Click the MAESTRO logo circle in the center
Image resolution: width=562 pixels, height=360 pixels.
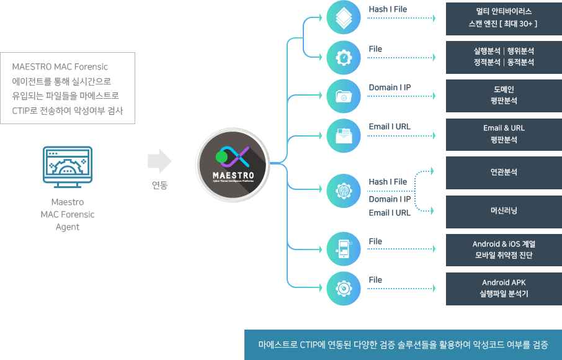233,163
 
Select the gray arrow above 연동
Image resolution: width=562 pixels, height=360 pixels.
159,161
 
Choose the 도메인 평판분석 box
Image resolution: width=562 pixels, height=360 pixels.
503,96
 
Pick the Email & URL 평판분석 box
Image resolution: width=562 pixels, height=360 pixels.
503,134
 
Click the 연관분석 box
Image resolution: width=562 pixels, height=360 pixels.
503,173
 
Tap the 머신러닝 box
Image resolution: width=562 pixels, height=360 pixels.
503,211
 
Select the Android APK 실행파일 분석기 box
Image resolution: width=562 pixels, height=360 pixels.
503,288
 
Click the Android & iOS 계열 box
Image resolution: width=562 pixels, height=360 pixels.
503,250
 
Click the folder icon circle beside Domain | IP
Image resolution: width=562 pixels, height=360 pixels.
343,96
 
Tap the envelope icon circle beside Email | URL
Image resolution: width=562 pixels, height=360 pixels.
343,134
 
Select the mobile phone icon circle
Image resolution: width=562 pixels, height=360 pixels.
343,250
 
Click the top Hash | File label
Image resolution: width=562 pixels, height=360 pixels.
388,10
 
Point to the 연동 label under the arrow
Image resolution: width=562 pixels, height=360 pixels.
159,185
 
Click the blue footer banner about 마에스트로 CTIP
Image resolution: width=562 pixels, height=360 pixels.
403,344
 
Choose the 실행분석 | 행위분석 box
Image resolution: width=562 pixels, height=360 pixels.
503,57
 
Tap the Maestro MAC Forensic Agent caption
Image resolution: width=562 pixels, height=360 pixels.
68,214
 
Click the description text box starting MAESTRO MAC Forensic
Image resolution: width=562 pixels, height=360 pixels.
68,88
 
